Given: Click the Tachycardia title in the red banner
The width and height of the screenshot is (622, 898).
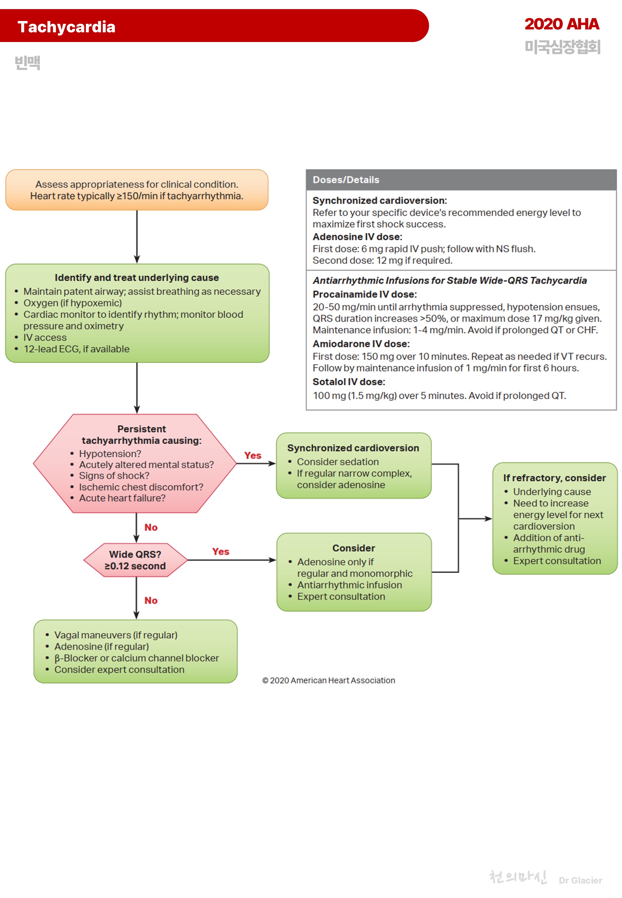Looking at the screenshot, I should point(66,27).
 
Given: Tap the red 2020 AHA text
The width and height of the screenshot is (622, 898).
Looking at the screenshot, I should point(561,24).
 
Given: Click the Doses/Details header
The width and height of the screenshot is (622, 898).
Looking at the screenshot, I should point(346,180).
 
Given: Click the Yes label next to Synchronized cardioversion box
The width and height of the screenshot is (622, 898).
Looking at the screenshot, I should point(253,455).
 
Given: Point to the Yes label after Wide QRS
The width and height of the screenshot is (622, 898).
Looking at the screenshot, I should point(221,552).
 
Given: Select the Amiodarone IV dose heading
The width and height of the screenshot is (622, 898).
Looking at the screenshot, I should point(361,344).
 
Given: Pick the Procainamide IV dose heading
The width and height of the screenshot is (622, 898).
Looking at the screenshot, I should point(364,294).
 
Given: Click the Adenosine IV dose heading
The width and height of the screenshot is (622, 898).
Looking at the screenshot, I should point(357,237).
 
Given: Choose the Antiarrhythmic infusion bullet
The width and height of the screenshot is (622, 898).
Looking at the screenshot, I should point(349,585).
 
